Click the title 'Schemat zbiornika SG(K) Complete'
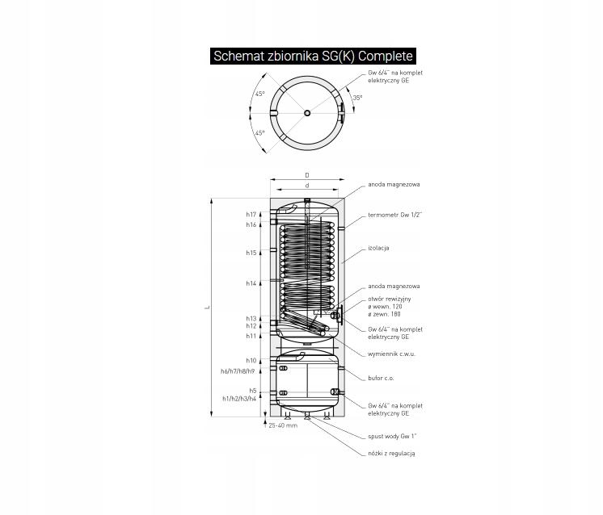313,56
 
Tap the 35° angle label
357,98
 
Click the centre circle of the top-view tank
307,113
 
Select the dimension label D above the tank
307,175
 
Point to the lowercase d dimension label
307,186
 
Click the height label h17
251,215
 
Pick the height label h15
251,253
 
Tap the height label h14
251,283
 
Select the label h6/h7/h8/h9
238,371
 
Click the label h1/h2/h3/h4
239,399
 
